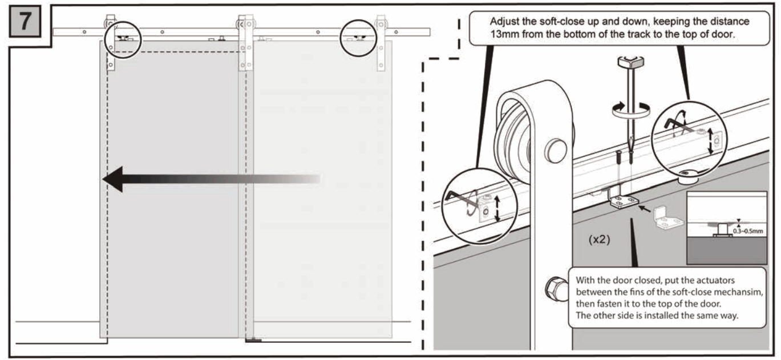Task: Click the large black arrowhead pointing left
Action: coord(114,179)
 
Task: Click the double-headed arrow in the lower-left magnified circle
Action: coord(497,209)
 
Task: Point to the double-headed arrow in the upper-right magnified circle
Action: coord(710,140)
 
